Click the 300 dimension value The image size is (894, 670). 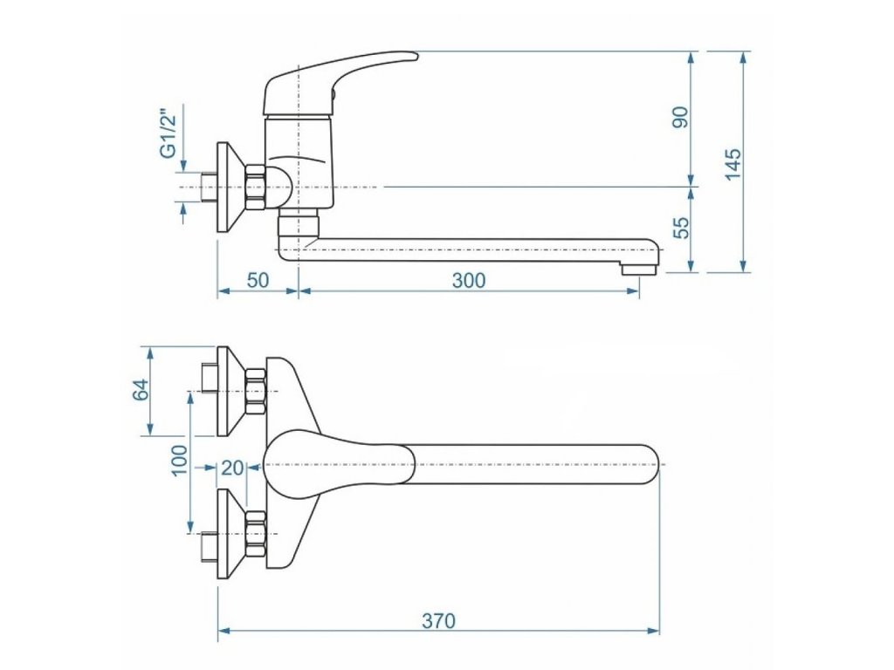click(469, 280)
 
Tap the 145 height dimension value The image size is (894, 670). click(732, 164)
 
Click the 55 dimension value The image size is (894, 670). click(681, 227)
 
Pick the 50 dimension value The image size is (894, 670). click(258, 280)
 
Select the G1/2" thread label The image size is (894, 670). click(168, 132)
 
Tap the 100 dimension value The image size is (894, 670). click(179, 459)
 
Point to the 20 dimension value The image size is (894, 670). click(232, 468)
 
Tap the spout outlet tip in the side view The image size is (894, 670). click(640, 261)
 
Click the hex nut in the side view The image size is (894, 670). click(255, 188)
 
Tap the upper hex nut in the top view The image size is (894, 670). click(255, 392)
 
